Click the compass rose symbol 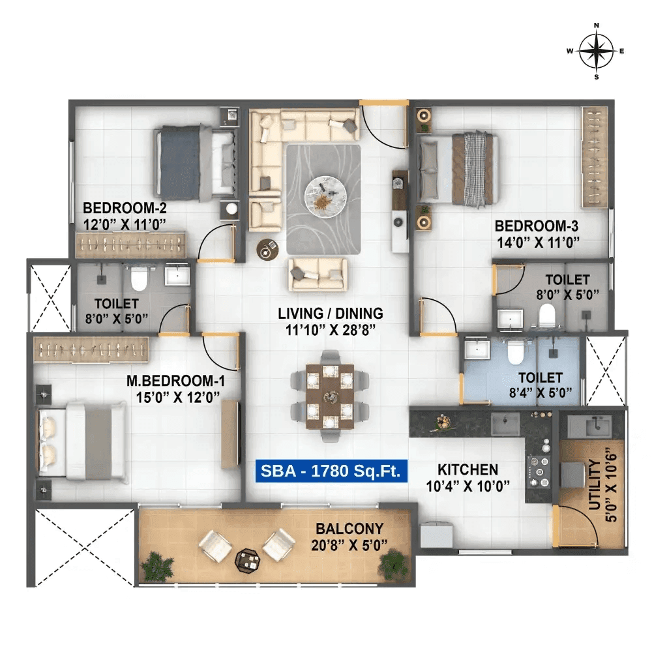point(596,51)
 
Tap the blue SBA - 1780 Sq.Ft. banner point(331,471)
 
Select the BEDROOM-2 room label point(125,209)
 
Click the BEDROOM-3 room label point(537,226)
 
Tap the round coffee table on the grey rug point(323,194)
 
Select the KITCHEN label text point(467,469)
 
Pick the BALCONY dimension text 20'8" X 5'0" point(348,544)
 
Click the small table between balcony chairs point(247,559)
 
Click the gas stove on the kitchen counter point(538,466)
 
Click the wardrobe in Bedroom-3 point(595,157)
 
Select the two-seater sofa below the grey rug point(318,273)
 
